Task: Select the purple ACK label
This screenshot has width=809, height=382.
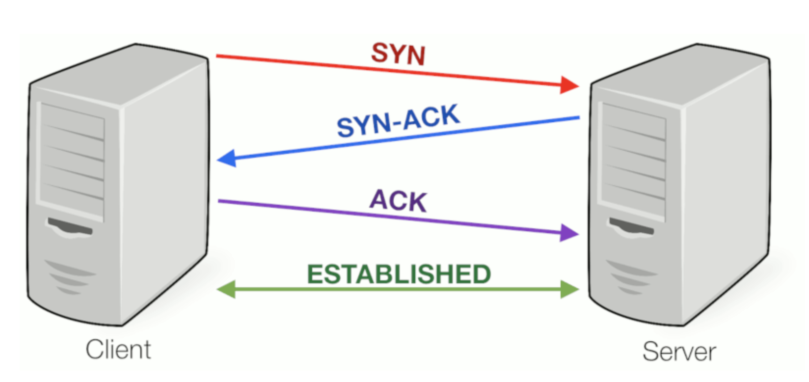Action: point(398,200)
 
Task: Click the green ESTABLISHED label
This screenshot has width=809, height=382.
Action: point(399,274)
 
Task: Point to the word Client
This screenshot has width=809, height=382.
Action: point(118,350)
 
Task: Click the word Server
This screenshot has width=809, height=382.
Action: point(679,352)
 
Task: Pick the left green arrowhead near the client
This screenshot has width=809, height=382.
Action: point(226,289)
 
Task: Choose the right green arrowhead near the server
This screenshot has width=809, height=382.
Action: point(570,289)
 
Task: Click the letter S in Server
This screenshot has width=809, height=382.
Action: point(650,352)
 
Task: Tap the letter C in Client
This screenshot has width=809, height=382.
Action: point(94,350)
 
